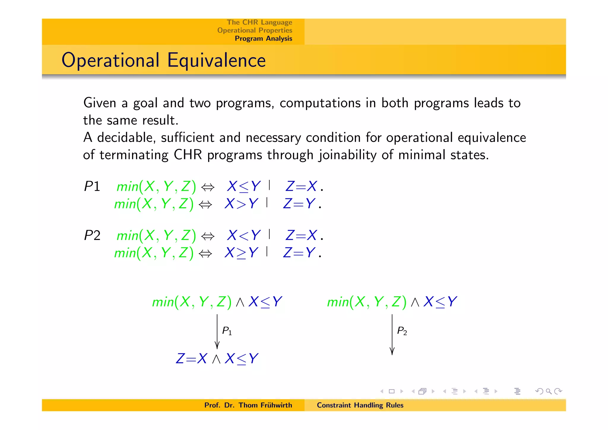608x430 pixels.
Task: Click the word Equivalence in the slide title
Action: [216, 60]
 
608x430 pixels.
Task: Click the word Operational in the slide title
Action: [110, 60]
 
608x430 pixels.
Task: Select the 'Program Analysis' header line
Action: [263, 39]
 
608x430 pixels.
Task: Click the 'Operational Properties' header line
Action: [254, 30]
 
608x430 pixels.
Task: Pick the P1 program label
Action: [92, 186]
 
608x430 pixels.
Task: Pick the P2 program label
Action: [92, 235]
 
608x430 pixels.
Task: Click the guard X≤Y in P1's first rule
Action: [243, 186]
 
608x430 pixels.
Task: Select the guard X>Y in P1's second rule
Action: [241, 204]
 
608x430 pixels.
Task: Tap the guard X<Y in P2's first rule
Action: [243, 235]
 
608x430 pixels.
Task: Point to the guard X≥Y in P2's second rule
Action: [241, 253]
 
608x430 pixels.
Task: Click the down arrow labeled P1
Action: [217, 331]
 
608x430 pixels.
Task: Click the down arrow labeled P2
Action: [392, 334]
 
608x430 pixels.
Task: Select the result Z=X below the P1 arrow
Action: [191, 358]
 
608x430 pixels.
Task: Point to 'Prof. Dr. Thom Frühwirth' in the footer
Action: [248, 405]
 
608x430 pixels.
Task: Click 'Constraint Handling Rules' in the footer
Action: [360, 405]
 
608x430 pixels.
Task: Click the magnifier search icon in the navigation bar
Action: [549, 391]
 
